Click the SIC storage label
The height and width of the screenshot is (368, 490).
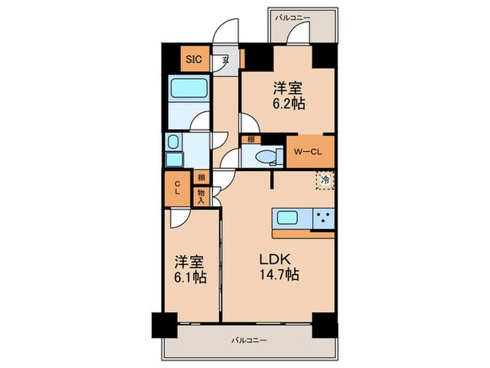193,60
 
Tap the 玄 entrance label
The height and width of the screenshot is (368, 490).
225,60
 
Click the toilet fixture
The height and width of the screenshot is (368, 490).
267,156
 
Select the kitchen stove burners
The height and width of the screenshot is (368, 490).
323,217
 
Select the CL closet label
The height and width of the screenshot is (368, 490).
178,188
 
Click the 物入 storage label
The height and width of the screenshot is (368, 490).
201,196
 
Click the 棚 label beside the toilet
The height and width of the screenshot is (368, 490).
249,139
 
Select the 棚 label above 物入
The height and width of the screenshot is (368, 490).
201,178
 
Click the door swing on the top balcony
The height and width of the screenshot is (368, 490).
300,32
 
